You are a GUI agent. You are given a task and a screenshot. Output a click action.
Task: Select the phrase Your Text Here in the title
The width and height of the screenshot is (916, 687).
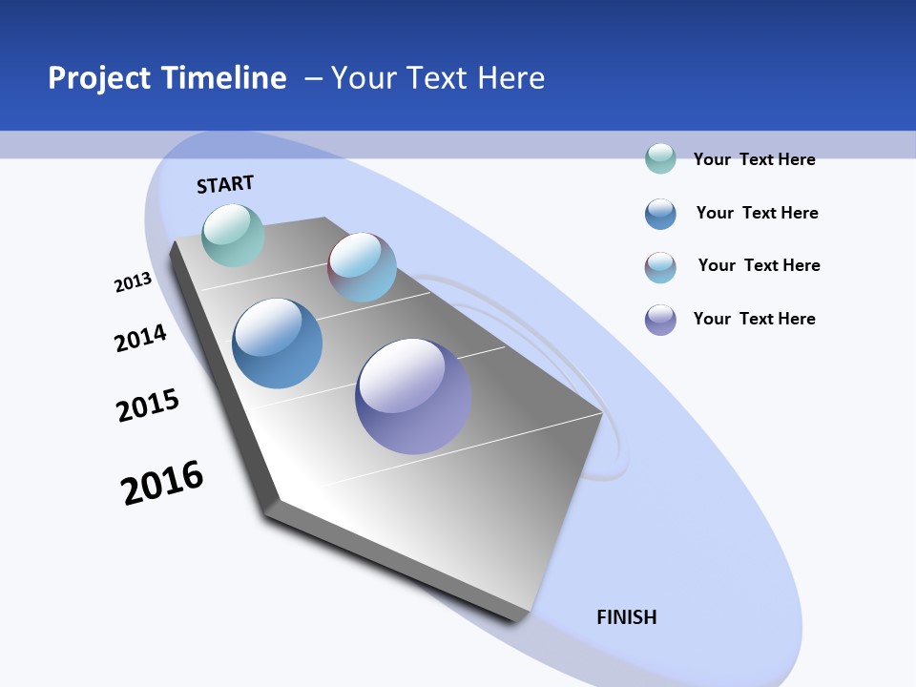(438, 78)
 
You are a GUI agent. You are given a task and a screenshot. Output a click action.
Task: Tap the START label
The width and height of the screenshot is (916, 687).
(225, 184)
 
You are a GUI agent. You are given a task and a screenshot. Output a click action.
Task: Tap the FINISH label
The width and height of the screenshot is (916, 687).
(627, 617)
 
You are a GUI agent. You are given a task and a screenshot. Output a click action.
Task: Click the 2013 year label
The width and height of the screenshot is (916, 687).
(133, 282)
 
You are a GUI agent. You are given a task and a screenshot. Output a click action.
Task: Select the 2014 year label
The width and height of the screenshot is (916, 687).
(140, 338)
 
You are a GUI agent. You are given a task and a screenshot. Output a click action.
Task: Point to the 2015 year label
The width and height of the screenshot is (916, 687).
(148, 406)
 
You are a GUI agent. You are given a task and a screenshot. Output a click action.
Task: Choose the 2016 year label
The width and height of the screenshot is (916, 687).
(162, 483)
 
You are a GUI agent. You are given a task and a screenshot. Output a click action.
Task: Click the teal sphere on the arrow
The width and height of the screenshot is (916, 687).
(233, 235)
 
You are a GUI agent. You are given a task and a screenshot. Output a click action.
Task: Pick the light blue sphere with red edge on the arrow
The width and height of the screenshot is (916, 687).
(362, 267)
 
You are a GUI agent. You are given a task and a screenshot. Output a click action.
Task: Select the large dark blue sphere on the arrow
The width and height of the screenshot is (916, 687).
(278, 343)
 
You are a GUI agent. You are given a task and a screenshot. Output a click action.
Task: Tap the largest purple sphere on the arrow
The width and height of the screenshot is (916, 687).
(413, 396)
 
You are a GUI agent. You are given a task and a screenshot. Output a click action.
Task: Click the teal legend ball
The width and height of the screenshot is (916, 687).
(660, 158)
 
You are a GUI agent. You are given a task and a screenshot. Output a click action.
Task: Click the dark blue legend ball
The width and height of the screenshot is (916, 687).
(660, 214)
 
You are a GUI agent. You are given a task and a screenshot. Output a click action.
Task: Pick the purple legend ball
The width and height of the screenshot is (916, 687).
(660, 319)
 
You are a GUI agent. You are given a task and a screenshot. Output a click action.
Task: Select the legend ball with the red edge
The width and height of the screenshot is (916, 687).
(660, 267)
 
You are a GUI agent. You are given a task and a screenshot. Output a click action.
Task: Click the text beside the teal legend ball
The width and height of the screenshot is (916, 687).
(754, 159)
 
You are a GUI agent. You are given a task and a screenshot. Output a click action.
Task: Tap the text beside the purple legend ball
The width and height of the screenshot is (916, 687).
(754, 319)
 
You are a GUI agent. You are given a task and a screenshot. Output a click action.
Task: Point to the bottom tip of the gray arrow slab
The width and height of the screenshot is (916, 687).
(515, 620)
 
